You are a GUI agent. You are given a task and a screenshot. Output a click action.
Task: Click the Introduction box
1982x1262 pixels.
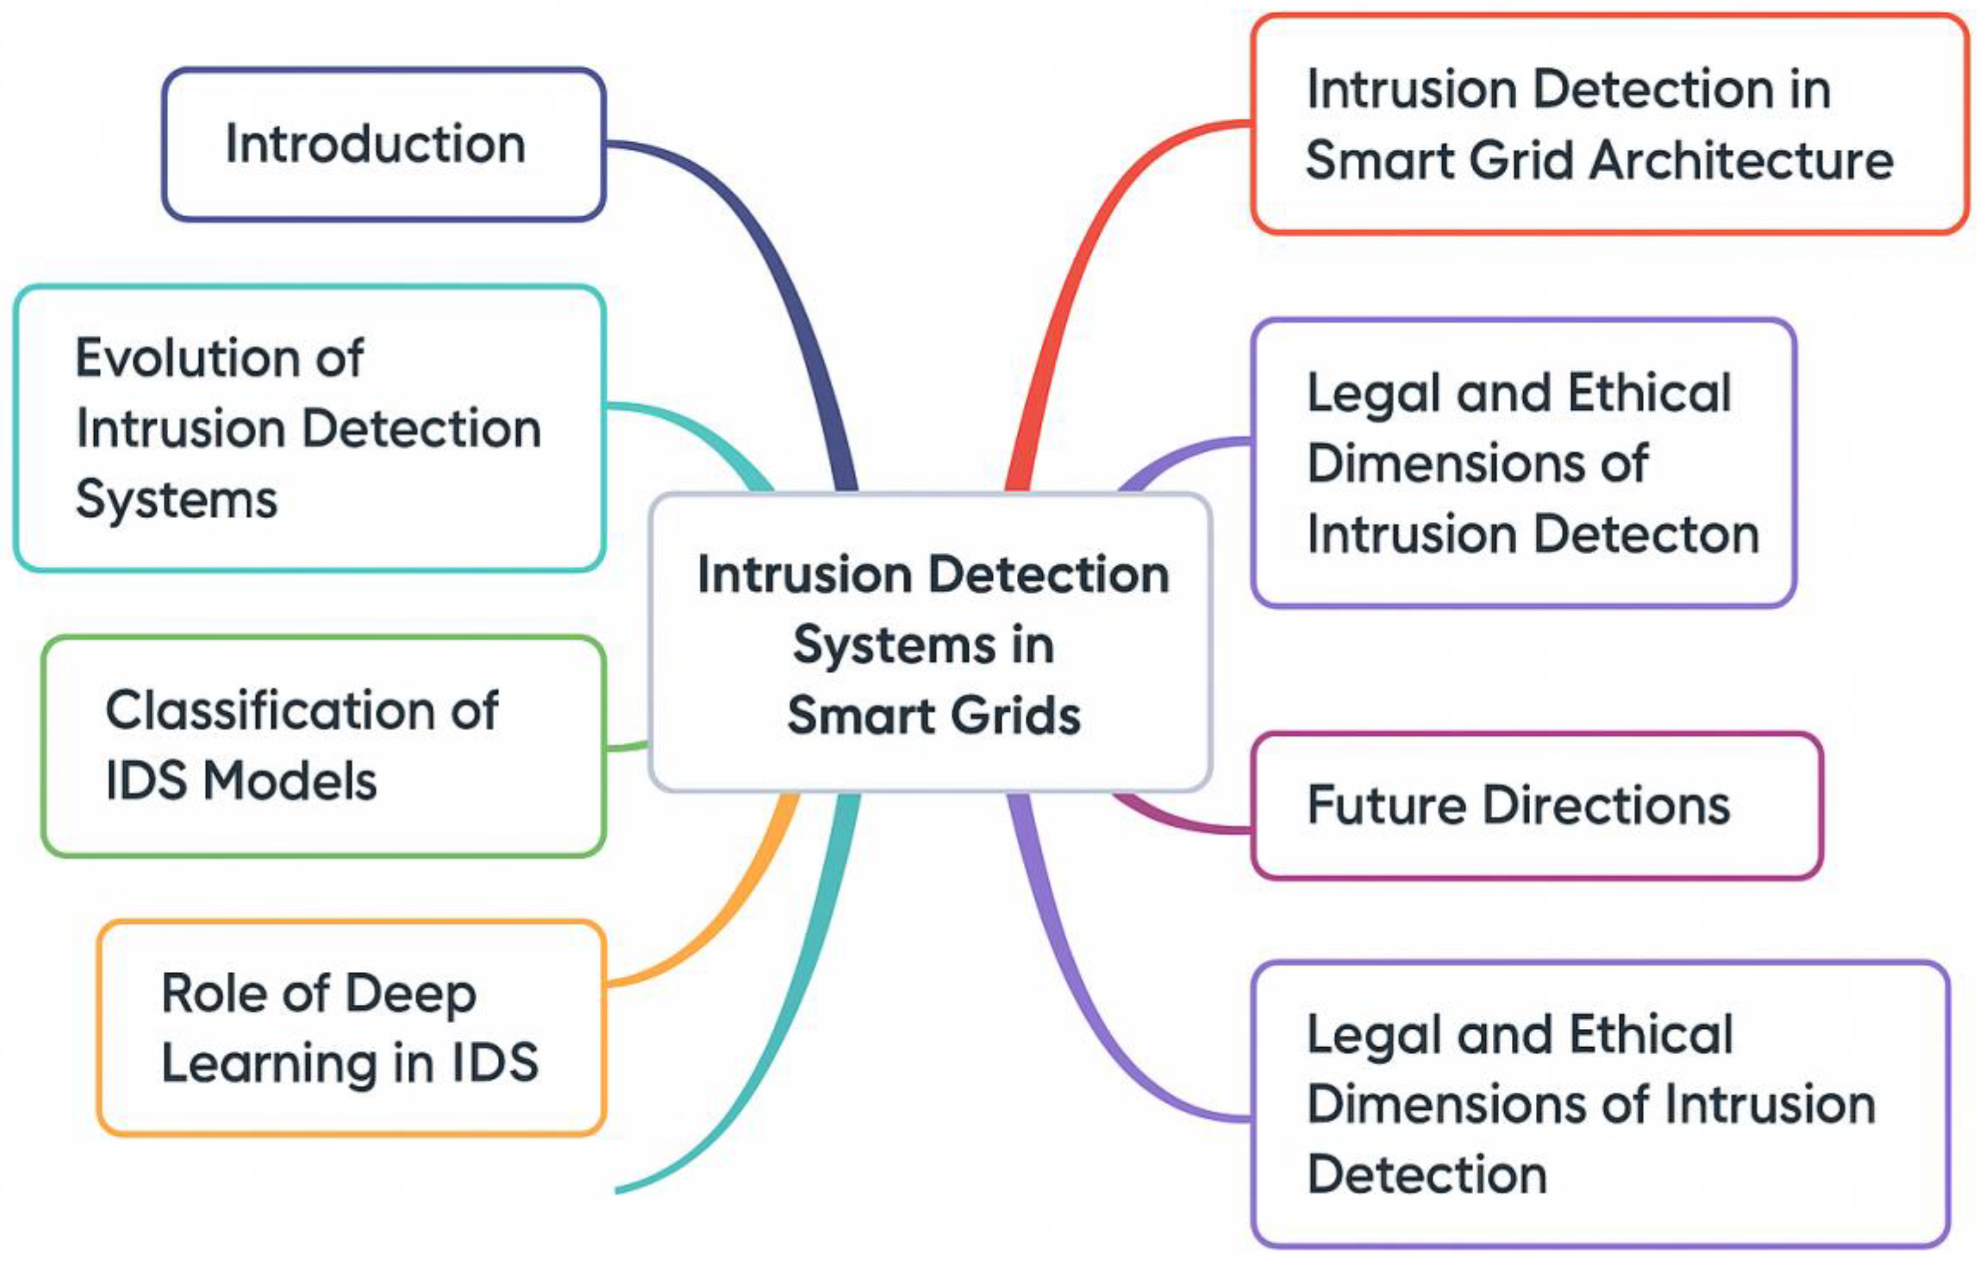point(384,144)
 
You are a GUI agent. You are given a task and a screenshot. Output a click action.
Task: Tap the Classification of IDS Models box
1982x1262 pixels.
point(324,746)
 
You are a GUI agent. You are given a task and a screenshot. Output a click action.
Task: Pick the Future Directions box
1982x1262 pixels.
point(1536,805)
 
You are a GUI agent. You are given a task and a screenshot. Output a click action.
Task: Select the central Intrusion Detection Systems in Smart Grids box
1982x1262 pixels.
point(930,642)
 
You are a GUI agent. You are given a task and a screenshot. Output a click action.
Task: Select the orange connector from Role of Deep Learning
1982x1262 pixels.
point(724,922)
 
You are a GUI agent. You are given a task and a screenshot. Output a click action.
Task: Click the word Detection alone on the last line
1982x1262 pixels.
point(1426,1174)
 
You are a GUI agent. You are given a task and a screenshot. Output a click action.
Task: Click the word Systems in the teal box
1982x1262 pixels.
point(176,500)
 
